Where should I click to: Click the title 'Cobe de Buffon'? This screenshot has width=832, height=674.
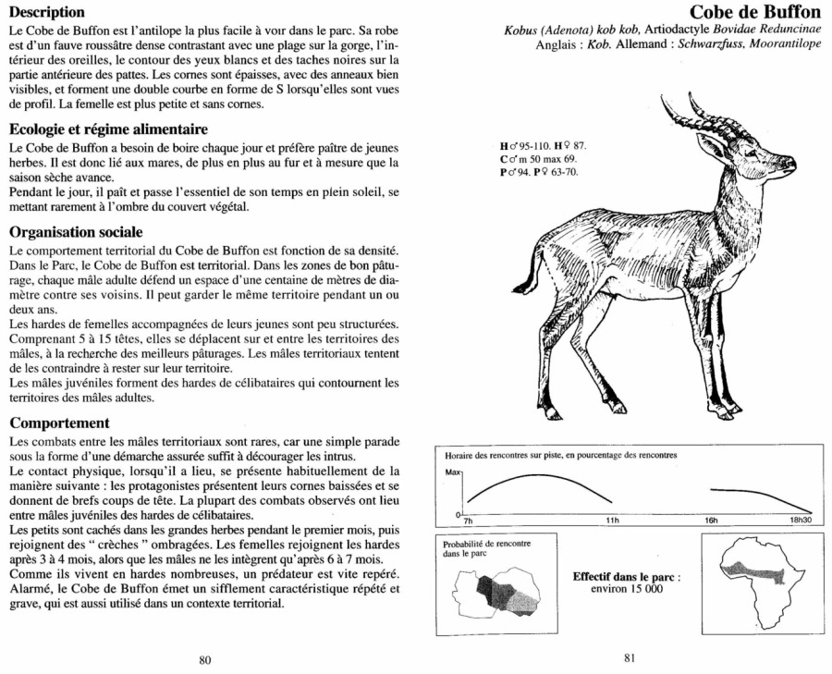[755, 12]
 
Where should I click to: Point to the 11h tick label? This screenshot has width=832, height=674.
[611, 521]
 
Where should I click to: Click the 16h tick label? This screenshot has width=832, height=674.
[710, 521]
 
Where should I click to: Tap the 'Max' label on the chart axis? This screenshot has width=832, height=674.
[452, 472]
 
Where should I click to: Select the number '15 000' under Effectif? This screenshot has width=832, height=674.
[643, 589]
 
